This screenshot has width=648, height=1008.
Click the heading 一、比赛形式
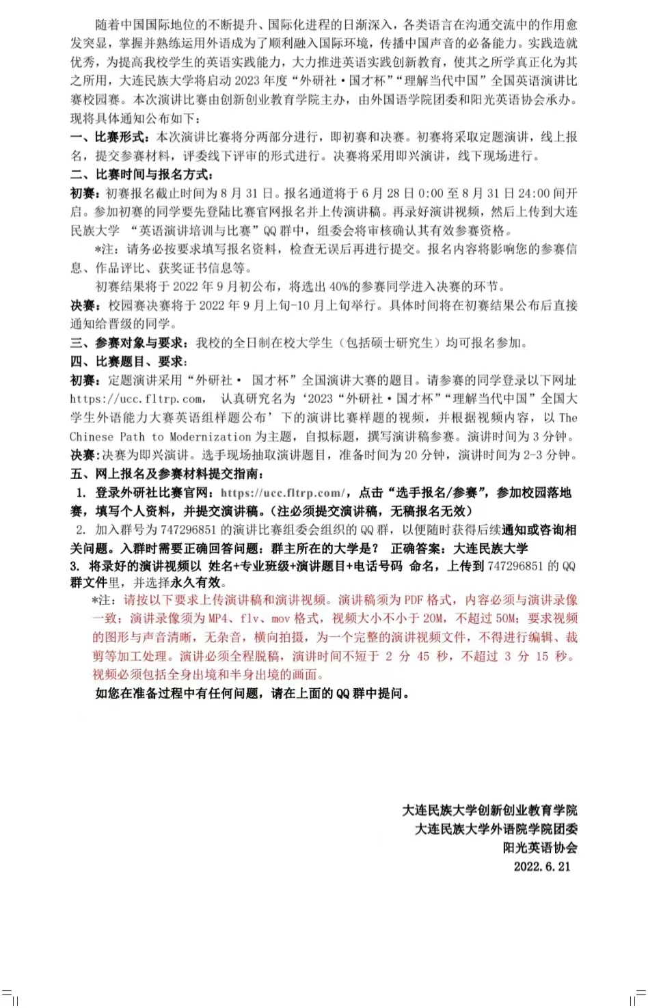click(110, 137)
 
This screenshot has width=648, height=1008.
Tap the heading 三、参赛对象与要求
click(129, 342)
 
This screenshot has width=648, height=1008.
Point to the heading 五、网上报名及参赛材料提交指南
click(167, 474)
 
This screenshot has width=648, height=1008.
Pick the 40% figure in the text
click(340, 286)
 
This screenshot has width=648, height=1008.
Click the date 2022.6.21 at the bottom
click(542, 867)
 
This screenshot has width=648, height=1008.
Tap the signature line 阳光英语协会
click(540, 848)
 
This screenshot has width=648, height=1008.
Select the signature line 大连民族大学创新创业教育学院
click(489, 811)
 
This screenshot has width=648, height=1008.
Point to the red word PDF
click(414, 600)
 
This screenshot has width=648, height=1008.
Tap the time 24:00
click(535, 193)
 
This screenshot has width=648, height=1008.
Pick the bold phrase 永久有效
click(197, 582)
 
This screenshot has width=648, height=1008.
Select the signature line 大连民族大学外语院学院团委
click(496, 829)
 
